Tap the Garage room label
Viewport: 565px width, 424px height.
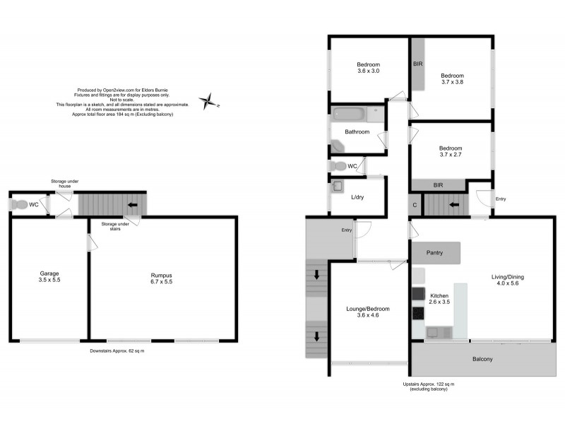(x=48, y=276)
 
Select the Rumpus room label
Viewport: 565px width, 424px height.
(x=160, y=276)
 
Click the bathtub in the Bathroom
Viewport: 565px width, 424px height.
(x=357, y=113)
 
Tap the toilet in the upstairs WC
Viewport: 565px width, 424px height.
(x=340, y=166)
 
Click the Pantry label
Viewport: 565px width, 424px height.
(x=434, y=252)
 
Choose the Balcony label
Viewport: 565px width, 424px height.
(x=482, y=360)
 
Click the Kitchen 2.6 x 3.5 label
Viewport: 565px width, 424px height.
(x=440, y=298)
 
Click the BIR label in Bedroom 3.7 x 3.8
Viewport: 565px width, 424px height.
(x=418, y=64)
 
